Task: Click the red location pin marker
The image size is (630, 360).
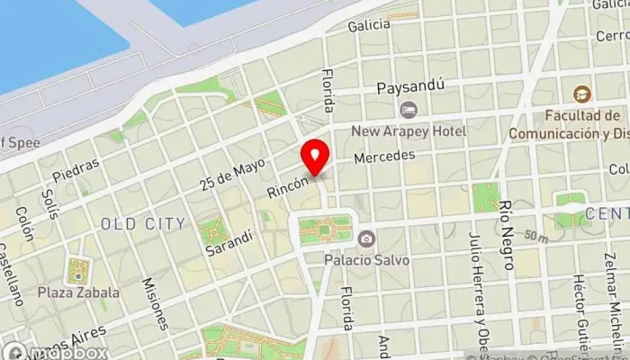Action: coord(315,157)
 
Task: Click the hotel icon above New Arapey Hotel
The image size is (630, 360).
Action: coord(409,110)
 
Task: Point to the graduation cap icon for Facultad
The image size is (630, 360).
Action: coord(582,94)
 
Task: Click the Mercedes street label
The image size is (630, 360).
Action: coord(384,157)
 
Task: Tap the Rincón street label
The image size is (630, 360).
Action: coord(288,187)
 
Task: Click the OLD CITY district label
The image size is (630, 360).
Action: coord(143,223)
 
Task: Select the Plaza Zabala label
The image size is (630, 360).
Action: coord(78,292)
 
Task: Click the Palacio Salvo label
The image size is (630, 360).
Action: coord(367,260)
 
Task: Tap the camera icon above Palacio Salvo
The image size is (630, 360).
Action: coord(366,238)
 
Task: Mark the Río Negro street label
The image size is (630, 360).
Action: coord(507,236)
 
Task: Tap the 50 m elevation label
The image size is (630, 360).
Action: coord(538,237)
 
